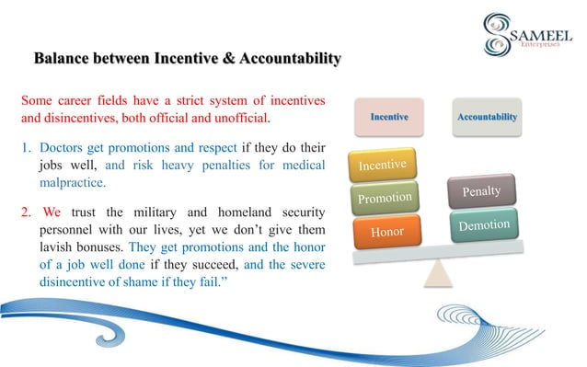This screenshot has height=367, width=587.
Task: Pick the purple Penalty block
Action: click(x=481, y=192)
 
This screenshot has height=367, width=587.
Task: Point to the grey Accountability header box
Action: click(x=486, y=118)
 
